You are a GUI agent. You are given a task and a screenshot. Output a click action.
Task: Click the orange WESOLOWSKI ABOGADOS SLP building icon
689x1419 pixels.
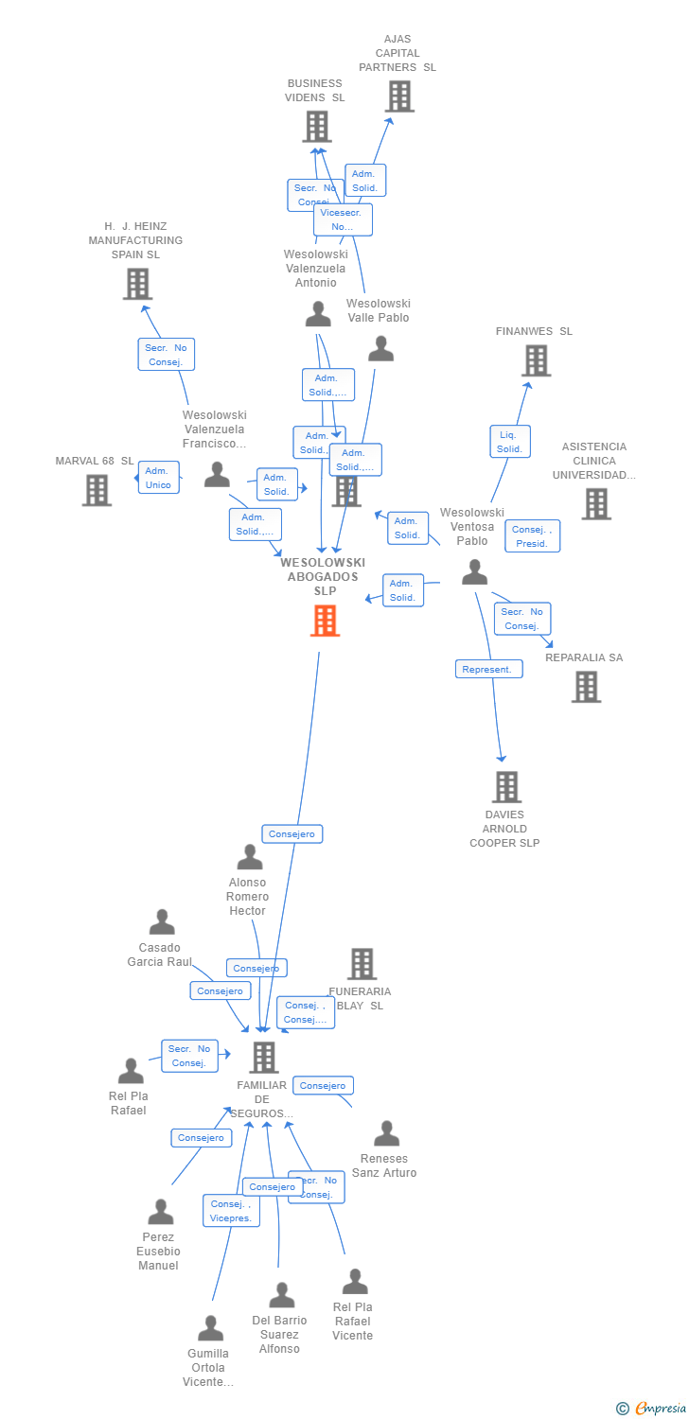pos(325,621)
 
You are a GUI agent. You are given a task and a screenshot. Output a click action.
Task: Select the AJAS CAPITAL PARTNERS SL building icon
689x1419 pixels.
pos(399,96)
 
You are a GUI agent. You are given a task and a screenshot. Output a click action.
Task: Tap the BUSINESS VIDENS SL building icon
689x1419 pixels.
pos(317,126)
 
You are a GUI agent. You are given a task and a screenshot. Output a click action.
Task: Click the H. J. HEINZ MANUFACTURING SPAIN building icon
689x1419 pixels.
pos(137,284)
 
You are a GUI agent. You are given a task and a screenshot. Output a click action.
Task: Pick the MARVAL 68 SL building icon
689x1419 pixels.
pos(97,490)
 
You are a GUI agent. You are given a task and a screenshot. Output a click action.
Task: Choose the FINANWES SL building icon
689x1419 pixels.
pos(536,360)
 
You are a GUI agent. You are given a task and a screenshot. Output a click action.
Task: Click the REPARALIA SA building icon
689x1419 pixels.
pos(586,687)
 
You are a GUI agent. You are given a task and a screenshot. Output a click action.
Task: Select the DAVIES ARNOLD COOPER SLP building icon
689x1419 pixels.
pos(506,786)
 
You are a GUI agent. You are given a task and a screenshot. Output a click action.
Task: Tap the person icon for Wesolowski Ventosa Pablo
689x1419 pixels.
pos(474,572)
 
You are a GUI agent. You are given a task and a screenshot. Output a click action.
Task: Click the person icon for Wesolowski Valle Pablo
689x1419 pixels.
pos(380,349)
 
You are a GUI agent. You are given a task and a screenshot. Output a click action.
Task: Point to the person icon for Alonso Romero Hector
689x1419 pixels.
pos(250,857)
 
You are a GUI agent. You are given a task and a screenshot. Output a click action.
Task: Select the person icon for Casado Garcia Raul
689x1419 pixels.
pos(162,921)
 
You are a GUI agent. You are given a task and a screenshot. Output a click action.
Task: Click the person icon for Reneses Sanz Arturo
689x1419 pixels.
pos(386,1132)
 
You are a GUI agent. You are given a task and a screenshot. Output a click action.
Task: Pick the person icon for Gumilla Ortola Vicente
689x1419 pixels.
pos(210,1327)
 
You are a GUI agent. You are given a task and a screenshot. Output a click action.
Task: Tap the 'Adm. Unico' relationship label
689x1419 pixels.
pos(158,478)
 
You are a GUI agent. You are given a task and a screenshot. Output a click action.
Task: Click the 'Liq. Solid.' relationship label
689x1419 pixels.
pos(510,442)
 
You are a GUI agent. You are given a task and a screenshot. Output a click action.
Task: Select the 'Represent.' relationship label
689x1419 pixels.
pos(488,669)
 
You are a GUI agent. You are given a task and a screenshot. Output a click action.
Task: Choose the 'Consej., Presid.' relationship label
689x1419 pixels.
pos(532,536)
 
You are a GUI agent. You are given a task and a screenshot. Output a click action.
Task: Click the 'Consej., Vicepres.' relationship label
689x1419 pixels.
pos(231,1211)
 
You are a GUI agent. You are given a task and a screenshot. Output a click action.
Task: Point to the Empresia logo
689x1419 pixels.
pos(654,1409)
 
